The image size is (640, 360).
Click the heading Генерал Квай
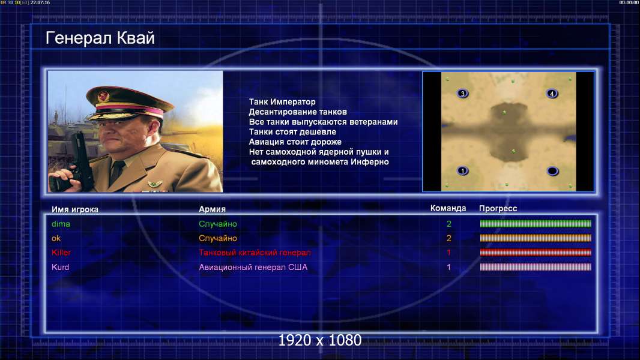pos(100,38)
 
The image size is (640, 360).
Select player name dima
pos(61,224)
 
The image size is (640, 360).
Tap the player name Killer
pos(61,253)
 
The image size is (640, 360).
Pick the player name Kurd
pos(61,267)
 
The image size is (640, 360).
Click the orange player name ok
pos(56,238)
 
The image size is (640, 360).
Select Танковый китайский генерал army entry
pos(255,253)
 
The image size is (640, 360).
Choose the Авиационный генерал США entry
pos(253,267)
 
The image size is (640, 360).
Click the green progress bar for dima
pos(536,223)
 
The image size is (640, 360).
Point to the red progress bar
pos(536,253)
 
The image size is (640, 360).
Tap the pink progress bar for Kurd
pos(536,267)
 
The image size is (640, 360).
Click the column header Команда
pos(448,208)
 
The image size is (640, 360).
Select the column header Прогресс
pos(498,208)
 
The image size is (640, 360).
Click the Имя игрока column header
pos(75,209)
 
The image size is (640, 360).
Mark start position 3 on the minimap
pos(462,94)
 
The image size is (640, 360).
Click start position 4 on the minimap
pos(552,94)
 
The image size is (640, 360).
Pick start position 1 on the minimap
pos(462,171)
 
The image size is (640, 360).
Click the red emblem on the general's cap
pos(103,97)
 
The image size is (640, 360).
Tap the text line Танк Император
pos(282,102)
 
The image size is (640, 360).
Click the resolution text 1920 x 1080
pos(320,340)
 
